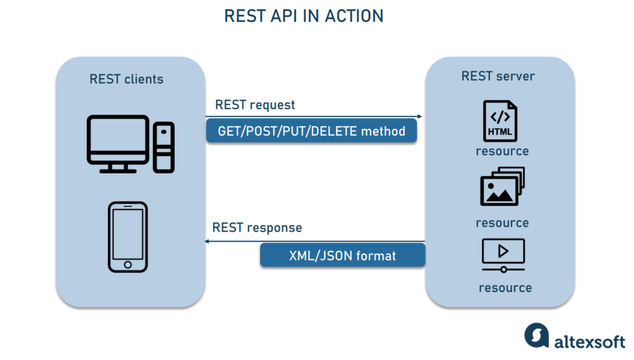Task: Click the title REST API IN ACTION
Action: (x=303, y=15)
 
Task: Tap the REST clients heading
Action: (x=126, y=79)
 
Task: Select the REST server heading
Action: (x=498, y=76)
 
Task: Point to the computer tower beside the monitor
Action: (x=164, y=147)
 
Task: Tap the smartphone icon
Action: (x=128, y=236)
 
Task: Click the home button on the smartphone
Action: (x=128, y=265)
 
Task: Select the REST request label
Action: (x=254, y=105)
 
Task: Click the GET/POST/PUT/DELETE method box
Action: (x=311, y=131)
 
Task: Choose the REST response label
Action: (x=257, y=227)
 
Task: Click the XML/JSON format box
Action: (x=342, y=255)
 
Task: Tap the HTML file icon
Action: (x=500, y=121)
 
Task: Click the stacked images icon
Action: (x=502, y=187)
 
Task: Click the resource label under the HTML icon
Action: (x=502, y=151)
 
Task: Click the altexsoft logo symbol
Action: (x=537, y=335)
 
